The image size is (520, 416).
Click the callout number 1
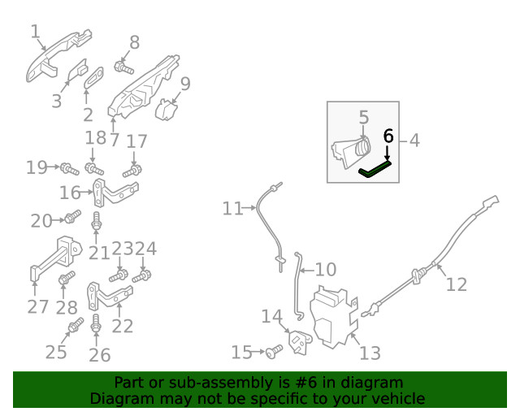(35, 32)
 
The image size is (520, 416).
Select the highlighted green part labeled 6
(375, 169)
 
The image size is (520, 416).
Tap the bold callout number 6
(388, 135)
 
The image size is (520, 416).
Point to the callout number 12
(456, 284)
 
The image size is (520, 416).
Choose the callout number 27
(38, 306)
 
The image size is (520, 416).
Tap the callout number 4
(414, 141)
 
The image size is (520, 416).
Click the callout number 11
(232, 209)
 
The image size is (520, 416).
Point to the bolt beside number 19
(67, 169)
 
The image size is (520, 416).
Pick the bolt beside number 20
(71, 217)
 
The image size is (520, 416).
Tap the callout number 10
(324, 269)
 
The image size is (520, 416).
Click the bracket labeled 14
(299, 341)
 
